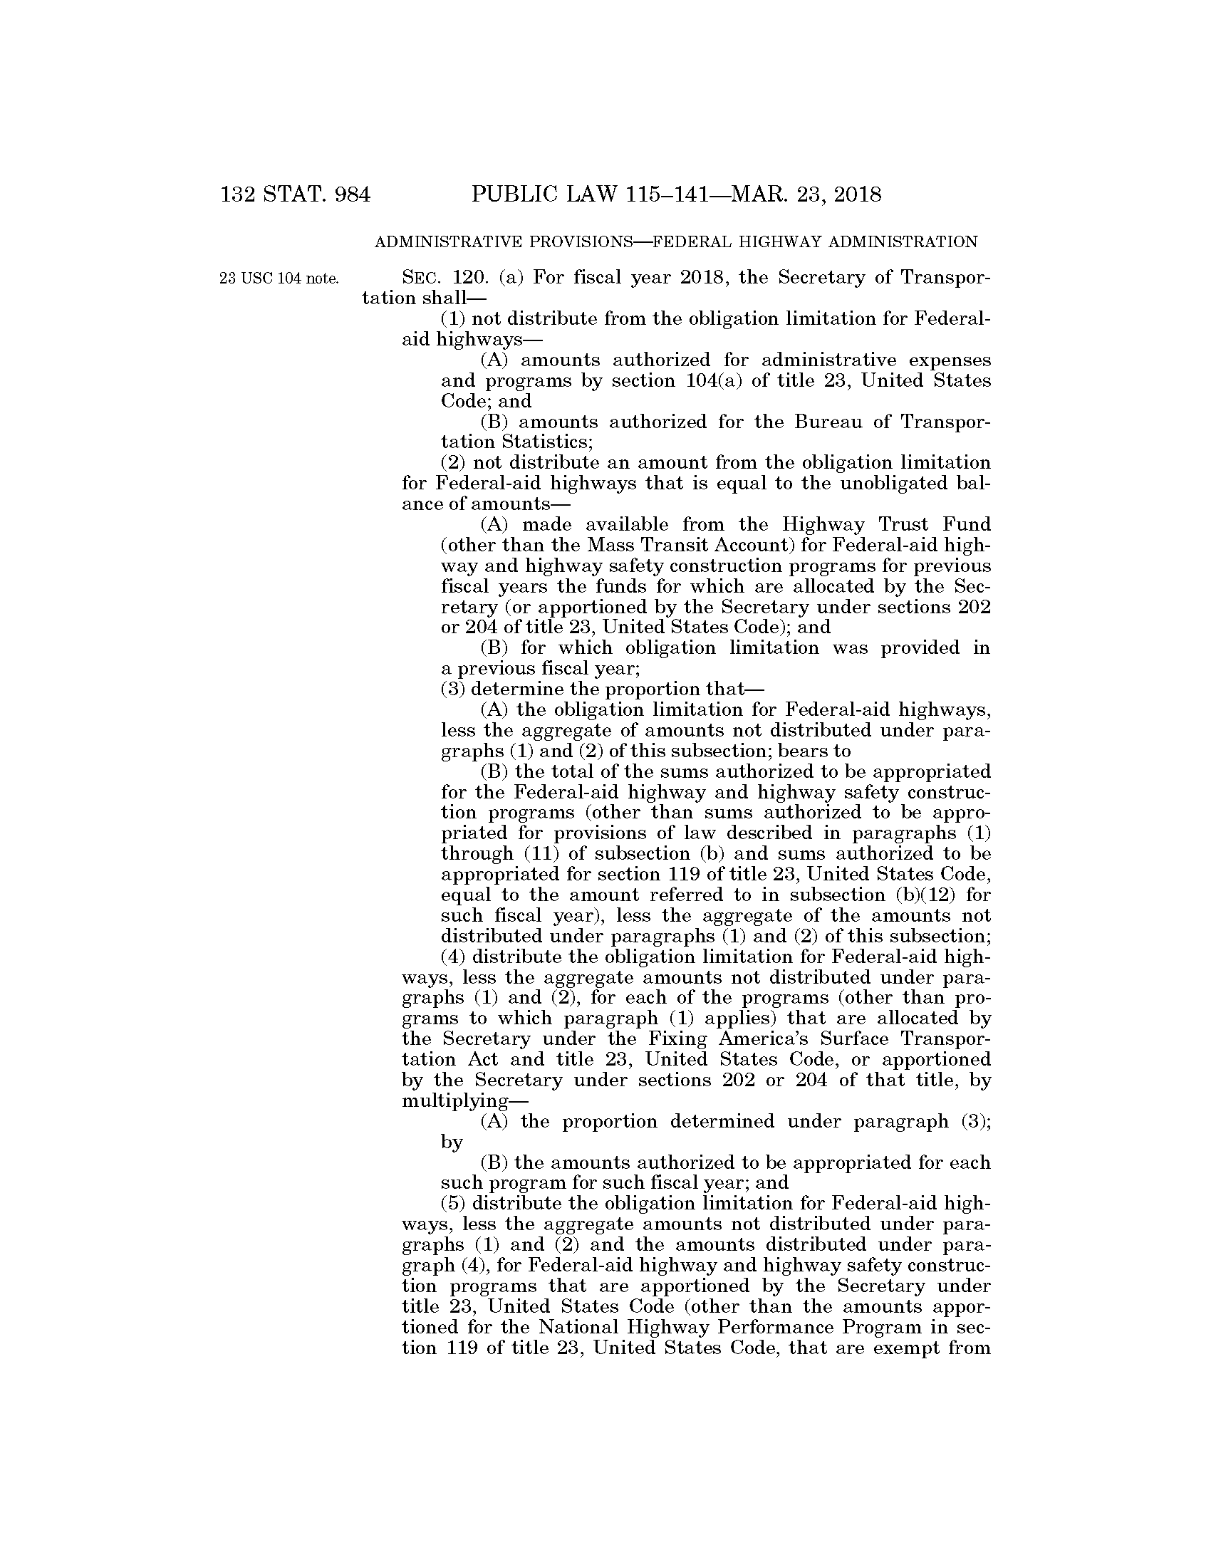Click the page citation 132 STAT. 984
click(x=296, y=194)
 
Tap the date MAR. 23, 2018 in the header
click(x=805, y=194)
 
